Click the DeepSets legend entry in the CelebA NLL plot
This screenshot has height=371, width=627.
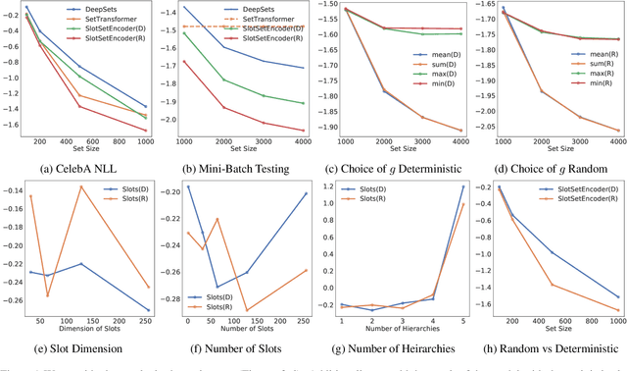tap(109, 10)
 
